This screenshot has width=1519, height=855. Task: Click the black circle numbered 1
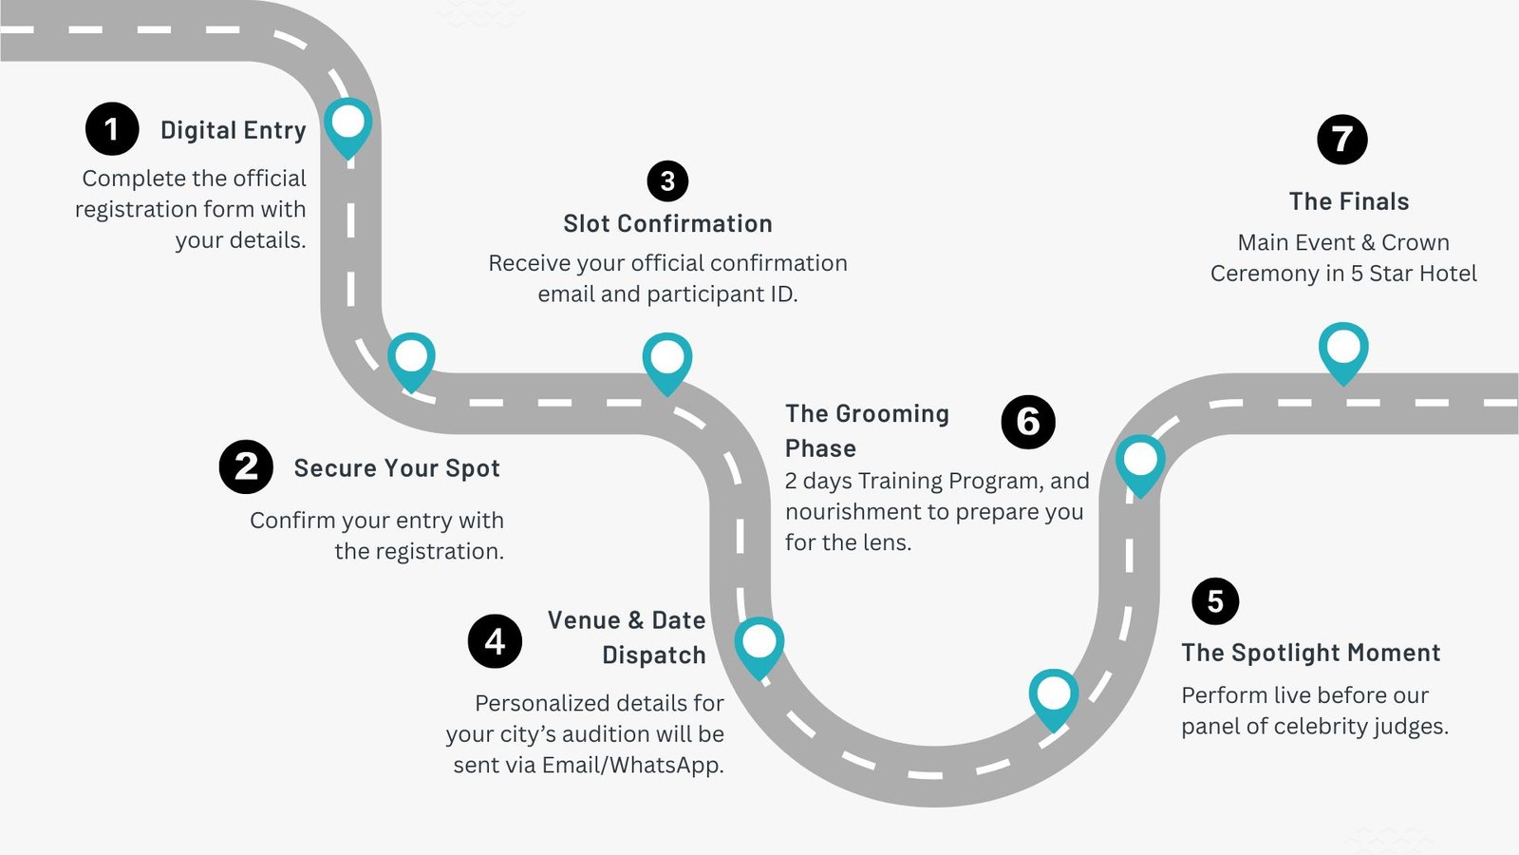pos(112,129)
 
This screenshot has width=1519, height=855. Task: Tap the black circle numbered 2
pos(246,466)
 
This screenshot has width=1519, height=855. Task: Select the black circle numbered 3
pos(667,180)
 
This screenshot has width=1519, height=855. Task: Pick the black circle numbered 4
pos(495,641)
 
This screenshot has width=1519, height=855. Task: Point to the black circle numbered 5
pos(1215,601)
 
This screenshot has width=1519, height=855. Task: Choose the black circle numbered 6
pos(1028,422)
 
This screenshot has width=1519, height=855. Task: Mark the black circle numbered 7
pos(1342,140)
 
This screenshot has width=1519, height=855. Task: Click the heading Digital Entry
pos(234,130)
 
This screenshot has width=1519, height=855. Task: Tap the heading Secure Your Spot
pos(397,468)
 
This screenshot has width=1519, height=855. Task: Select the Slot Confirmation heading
pos(667,224)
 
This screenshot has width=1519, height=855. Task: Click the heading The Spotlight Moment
pos(1310,653)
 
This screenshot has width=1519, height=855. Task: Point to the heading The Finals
pos(1348,201)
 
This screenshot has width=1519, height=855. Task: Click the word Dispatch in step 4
pos(654,655)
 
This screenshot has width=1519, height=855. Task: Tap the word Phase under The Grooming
pos(820,448)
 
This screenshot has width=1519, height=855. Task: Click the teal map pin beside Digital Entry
pos(348,124)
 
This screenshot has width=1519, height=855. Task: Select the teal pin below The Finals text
pos(1343,349)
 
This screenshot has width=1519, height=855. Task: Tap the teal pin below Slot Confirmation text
pos(667,359)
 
